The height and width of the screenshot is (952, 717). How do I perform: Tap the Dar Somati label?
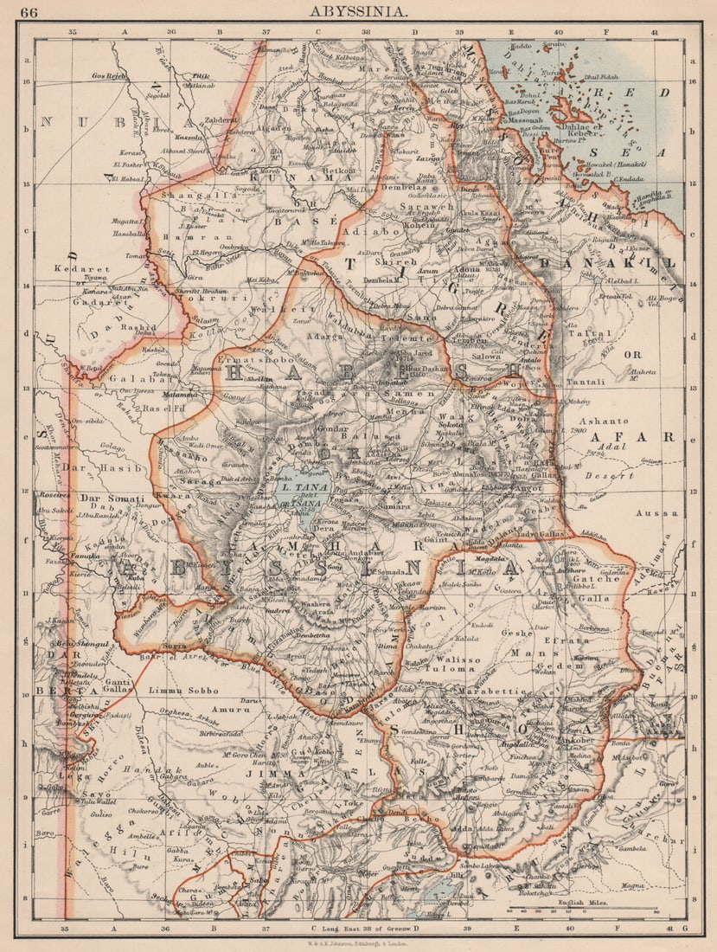110,499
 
